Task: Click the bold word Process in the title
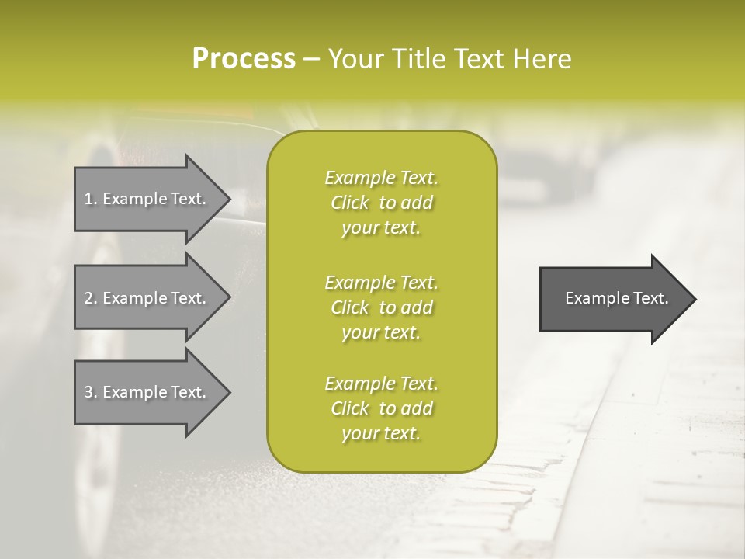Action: coord(244,59)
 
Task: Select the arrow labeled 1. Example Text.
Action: coord(147,199)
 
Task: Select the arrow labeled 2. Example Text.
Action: coord(147,298)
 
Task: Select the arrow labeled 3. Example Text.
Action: coord(147,392)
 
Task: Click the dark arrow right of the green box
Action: coord(613,299)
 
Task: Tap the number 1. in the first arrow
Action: coord(91,199)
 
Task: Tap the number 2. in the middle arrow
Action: coord(91,298)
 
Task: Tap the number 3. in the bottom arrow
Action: coord(91,392)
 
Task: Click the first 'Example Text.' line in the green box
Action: coord(381,178)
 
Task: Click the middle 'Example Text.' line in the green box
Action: coord(381,282)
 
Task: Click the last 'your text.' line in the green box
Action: coord(381,434)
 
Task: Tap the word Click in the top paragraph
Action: coord(350,203)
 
